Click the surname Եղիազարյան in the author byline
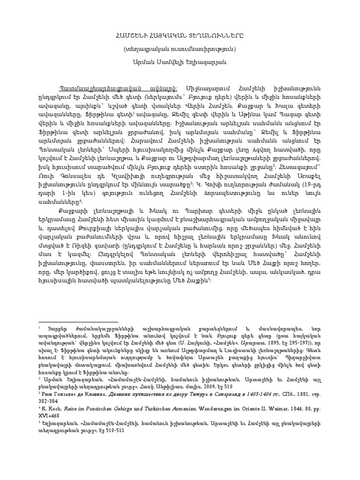(x=210, y=61)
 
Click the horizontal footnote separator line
(x=84, y=322)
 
